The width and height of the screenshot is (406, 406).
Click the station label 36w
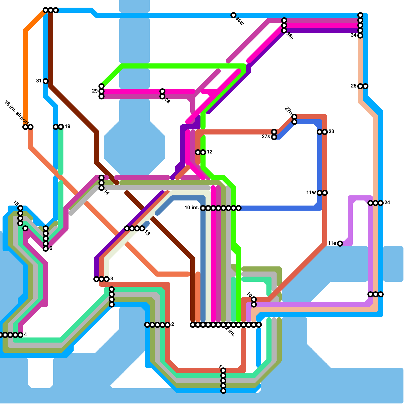[240, 21]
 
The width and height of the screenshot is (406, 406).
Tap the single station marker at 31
[46, 81]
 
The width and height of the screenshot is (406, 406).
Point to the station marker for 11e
[340, 244]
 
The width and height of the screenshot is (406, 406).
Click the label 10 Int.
[192, 208]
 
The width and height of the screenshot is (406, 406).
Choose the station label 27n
[289, 111]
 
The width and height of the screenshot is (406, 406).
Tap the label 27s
[266, 137]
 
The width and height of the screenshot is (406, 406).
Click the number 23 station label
[331, 132]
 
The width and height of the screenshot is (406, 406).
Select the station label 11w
[311, 193]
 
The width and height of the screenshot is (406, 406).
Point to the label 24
[387, 202]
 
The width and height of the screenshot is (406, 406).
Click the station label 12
[210, 152]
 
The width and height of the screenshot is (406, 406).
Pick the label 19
[67, 127]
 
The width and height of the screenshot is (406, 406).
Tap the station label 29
[95, 91]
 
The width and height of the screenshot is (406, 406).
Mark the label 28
[167, 101]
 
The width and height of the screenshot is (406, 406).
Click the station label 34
[354, 35]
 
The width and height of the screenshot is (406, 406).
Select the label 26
[354, 86]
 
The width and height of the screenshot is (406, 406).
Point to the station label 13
[147, 233]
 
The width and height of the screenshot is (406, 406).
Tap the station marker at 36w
[233, 15]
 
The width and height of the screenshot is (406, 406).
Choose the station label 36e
[290, 36]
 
